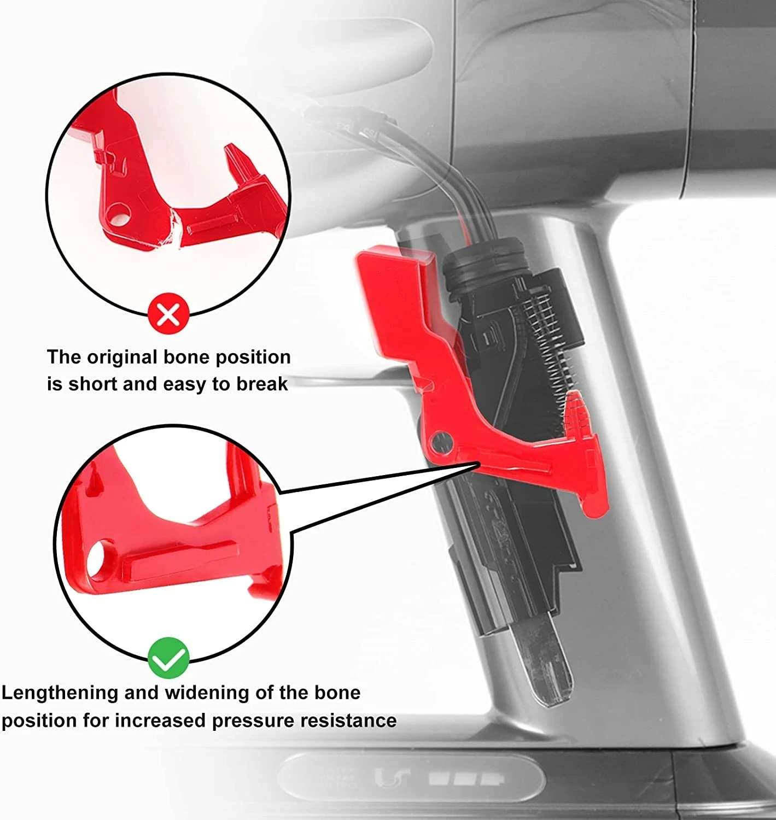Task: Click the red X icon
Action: pos(168,315)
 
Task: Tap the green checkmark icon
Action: pos(168,658)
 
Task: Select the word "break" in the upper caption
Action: pos(262,384)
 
